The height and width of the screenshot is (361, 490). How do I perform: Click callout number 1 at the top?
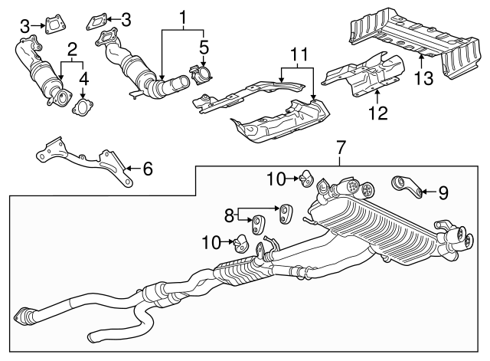point(182,16)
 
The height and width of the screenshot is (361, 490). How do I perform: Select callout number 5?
point(203,49)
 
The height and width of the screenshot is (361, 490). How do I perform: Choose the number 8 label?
point(227,215)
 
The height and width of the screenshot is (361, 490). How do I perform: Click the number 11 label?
point(298,54)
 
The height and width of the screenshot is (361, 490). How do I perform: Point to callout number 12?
point(377,114)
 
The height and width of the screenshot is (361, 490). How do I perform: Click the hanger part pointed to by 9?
point(408,185)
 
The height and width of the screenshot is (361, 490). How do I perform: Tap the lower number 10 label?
point(209,242)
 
